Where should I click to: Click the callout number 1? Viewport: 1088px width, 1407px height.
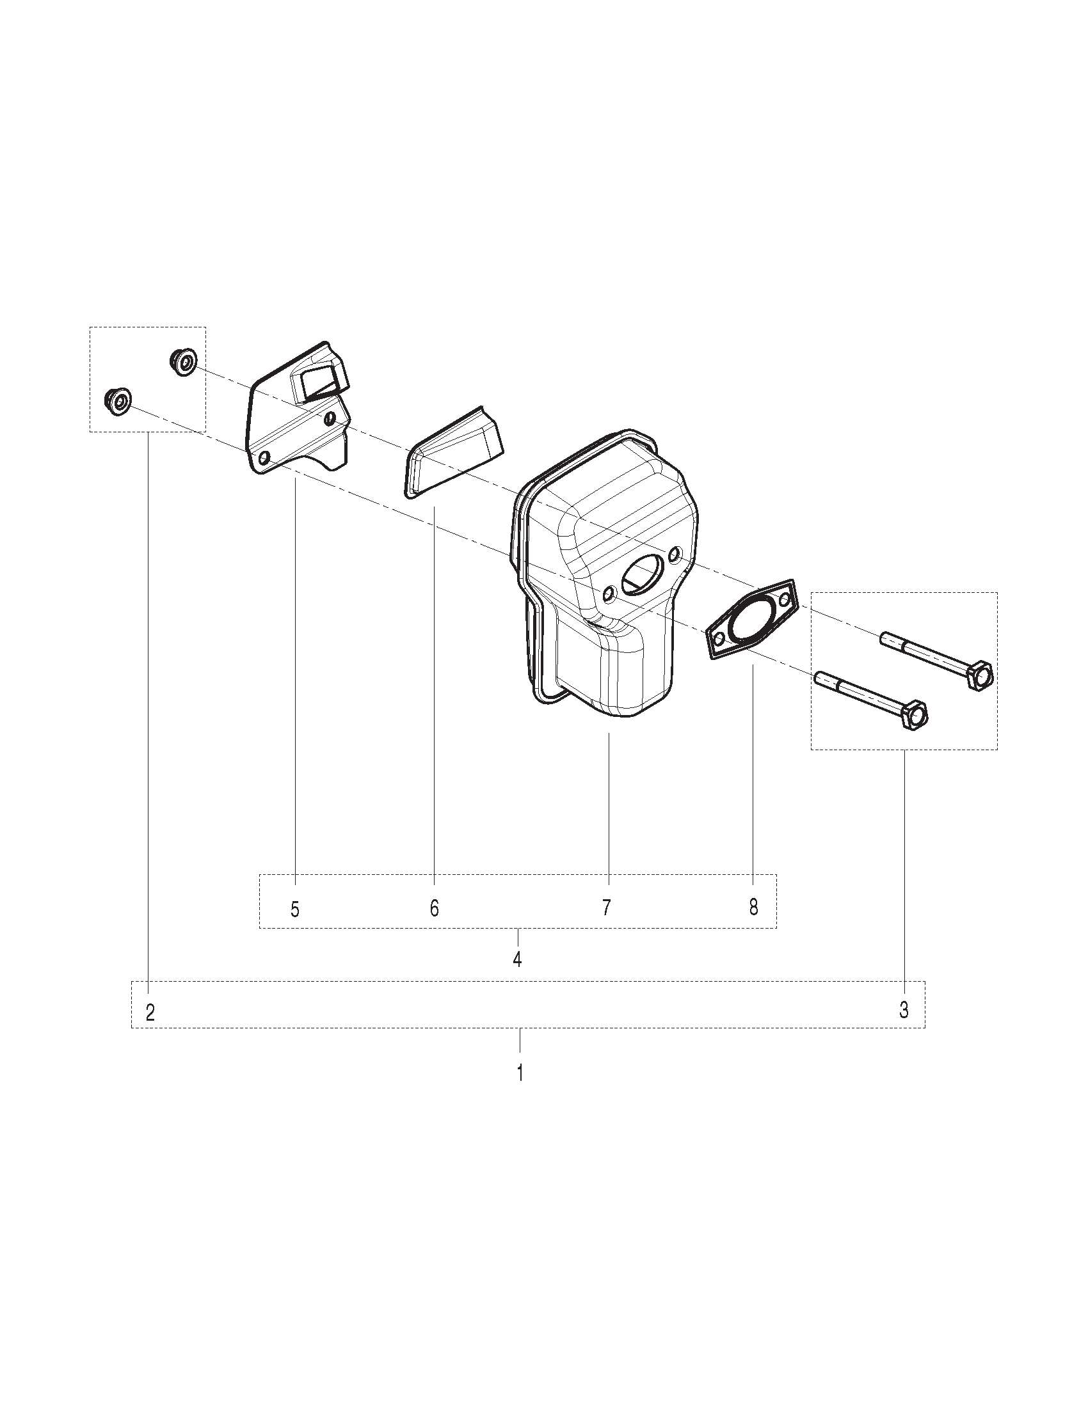pyautogui.click(x=520, y=1073)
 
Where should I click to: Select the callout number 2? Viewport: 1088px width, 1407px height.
pyautogui.click(x=150, y=1013)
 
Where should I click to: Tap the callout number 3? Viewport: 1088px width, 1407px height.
pyautogui.click(x=904, y=1010)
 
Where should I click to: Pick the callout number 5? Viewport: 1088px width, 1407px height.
pyautogui.click(x=295, y=909)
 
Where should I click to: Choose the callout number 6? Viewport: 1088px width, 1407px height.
pyautogui.click(x=435, y=908)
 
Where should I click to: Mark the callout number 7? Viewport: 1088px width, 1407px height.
pyautogui.click(x=606, y=908)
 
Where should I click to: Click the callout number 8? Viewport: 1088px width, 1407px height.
pyautogui.click(x=753, y=908)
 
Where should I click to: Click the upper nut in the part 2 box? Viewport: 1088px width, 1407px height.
pyautogui.click(x=184, y=361)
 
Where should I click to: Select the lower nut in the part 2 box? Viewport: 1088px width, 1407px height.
pyautogui.click(x=117, y=402)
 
